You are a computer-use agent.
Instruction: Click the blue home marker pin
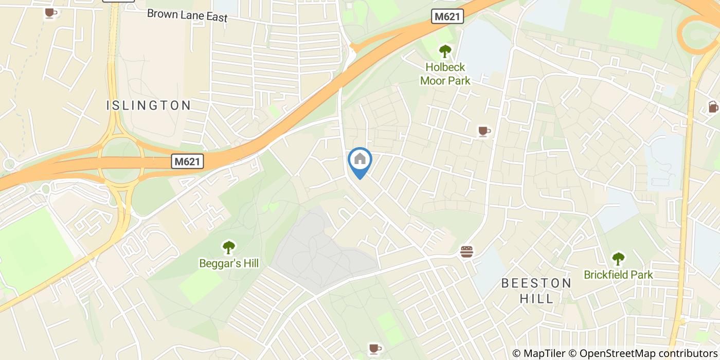click(360, 160)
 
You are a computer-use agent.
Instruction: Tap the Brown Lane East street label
click(187, 15)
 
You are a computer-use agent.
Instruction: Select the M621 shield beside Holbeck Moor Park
click(447, 17)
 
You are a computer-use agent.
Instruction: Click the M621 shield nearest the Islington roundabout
click(188, 161)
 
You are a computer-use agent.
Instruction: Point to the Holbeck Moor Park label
click(445, 74)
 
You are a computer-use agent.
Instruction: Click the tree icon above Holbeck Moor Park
click(445, 51)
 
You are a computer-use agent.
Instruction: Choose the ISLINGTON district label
click(149, 106)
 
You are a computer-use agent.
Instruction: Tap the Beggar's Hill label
click(229, 264)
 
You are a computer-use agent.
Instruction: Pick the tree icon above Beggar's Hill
click(229, 247)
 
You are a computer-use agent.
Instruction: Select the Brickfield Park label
click(618, 275)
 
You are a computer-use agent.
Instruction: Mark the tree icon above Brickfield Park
click(618, 259)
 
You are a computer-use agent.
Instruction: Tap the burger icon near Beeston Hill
click(466, 252)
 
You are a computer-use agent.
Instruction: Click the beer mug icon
click(713, 107)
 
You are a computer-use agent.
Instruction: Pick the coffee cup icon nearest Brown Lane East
click(50, 13)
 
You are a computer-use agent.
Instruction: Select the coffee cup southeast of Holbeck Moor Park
click(483, 131)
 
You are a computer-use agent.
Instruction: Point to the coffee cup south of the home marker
click(375, 349)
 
